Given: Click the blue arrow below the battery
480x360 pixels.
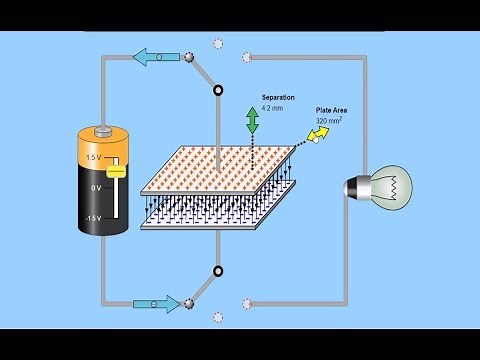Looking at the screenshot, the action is coord(153,303).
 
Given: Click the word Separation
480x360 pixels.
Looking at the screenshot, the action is coord(277,97).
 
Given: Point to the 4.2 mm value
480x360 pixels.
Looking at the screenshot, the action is coord(272,107).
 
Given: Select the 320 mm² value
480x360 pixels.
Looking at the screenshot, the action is coord(331,121).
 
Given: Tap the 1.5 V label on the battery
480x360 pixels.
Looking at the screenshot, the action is coord(92,157).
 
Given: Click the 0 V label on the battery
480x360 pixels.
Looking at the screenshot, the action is coord(96,186).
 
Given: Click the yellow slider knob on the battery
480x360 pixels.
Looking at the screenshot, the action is coord(117,172).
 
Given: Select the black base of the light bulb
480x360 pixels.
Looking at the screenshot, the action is coord(356,186).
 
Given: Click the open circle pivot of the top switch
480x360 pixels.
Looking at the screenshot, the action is coord(216,90).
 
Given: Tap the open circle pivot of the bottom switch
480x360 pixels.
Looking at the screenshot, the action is coord(216,270).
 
